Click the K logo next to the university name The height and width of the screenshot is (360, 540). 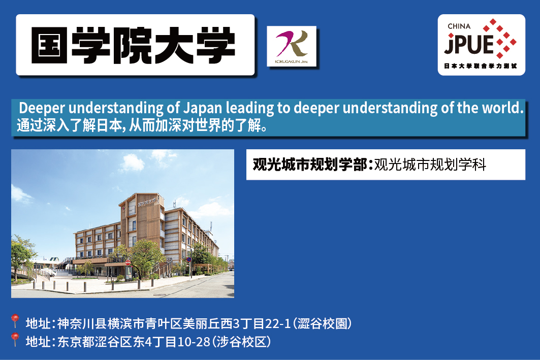[x=292, y=46]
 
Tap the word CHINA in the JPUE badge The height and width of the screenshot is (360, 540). [x=459, y=26]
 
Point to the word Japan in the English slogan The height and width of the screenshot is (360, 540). [x=203, y=108]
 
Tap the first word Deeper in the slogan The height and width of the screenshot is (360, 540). [x=42, y=108]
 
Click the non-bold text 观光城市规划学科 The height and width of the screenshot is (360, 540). [x=430, y=165]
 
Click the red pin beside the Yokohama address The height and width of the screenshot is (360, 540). [x=14, y=320]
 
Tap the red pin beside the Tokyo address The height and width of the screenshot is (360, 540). [x=14, y=339]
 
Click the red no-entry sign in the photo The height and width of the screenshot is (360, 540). [x=128, y=263]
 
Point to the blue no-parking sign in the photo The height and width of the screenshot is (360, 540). [x=189, y=259]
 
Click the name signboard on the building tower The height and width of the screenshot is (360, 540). [x=147, y=202]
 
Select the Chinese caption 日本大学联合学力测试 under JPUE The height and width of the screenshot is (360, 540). [x=481, y=66]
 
